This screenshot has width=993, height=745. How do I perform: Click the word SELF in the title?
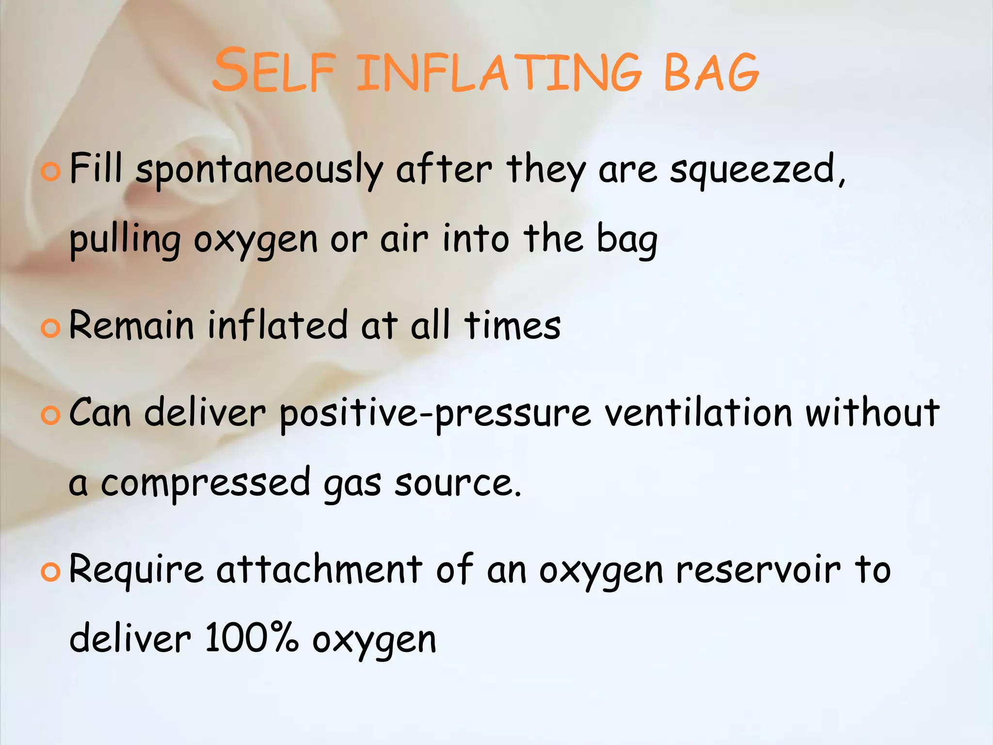click(x=274, y=71)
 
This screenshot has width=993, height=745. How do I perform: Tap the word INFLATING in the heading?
click(x=499, y=73)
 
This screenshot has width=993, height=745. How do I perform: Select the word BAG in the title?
click(x=711, y=73)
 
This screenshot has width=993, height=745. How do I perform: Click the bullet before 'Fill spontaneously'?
click(x=50, y=171)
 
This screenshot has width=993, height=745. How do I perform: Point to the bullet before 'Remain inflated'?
click(x=50, y=328)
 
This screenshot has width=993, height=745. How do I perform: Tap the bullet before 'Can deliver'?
click(x=50, y=415)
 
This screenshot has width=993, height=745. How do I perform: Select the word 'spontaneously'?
click(x=259, y=171)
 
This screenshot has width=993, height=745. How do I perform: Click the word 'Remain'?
click(x=131, y=325)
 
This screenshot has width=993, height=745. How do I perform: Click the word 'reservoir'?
click(x=758, y=569)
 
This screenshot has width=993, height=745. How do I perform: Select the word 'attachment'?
click(x=319, y=569)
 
